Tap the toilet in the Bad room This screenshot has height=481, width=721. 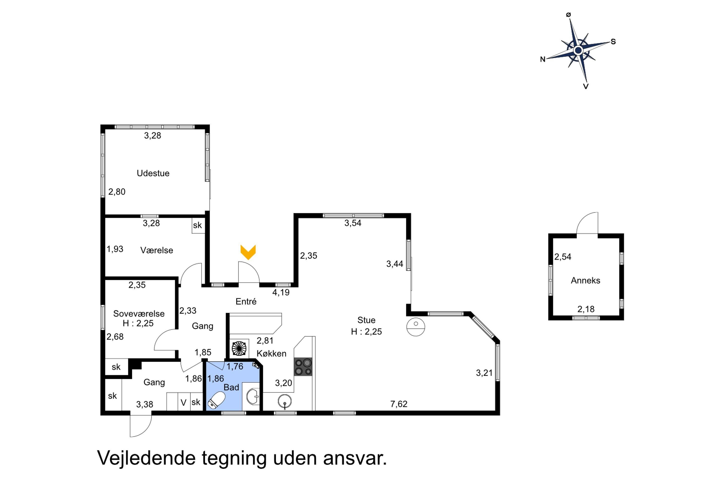point(217,400)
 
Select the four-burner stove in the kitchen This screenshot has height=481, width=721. point(303,367)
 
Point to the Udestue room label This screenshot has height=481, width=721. point(153,173)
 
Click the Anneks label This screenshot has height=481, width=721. point(585,280)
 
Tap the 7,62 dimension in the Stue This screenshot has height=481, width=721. point(399,404)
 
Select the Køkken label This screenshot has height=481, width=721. point(272,353)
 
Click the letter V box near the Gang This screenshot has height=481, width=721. point(184,402)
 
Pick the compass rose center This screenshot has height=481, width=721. point(578,50)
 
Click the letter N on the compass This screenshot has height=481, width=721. point(543,59)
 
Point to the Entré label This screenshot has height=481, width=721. point(246,302)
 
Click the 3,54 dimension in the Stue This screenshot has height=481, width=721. point(353,223)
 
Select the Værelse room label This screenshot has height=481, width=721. point(157,250)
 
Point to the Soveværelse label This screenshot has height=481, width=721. point(139,314)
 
